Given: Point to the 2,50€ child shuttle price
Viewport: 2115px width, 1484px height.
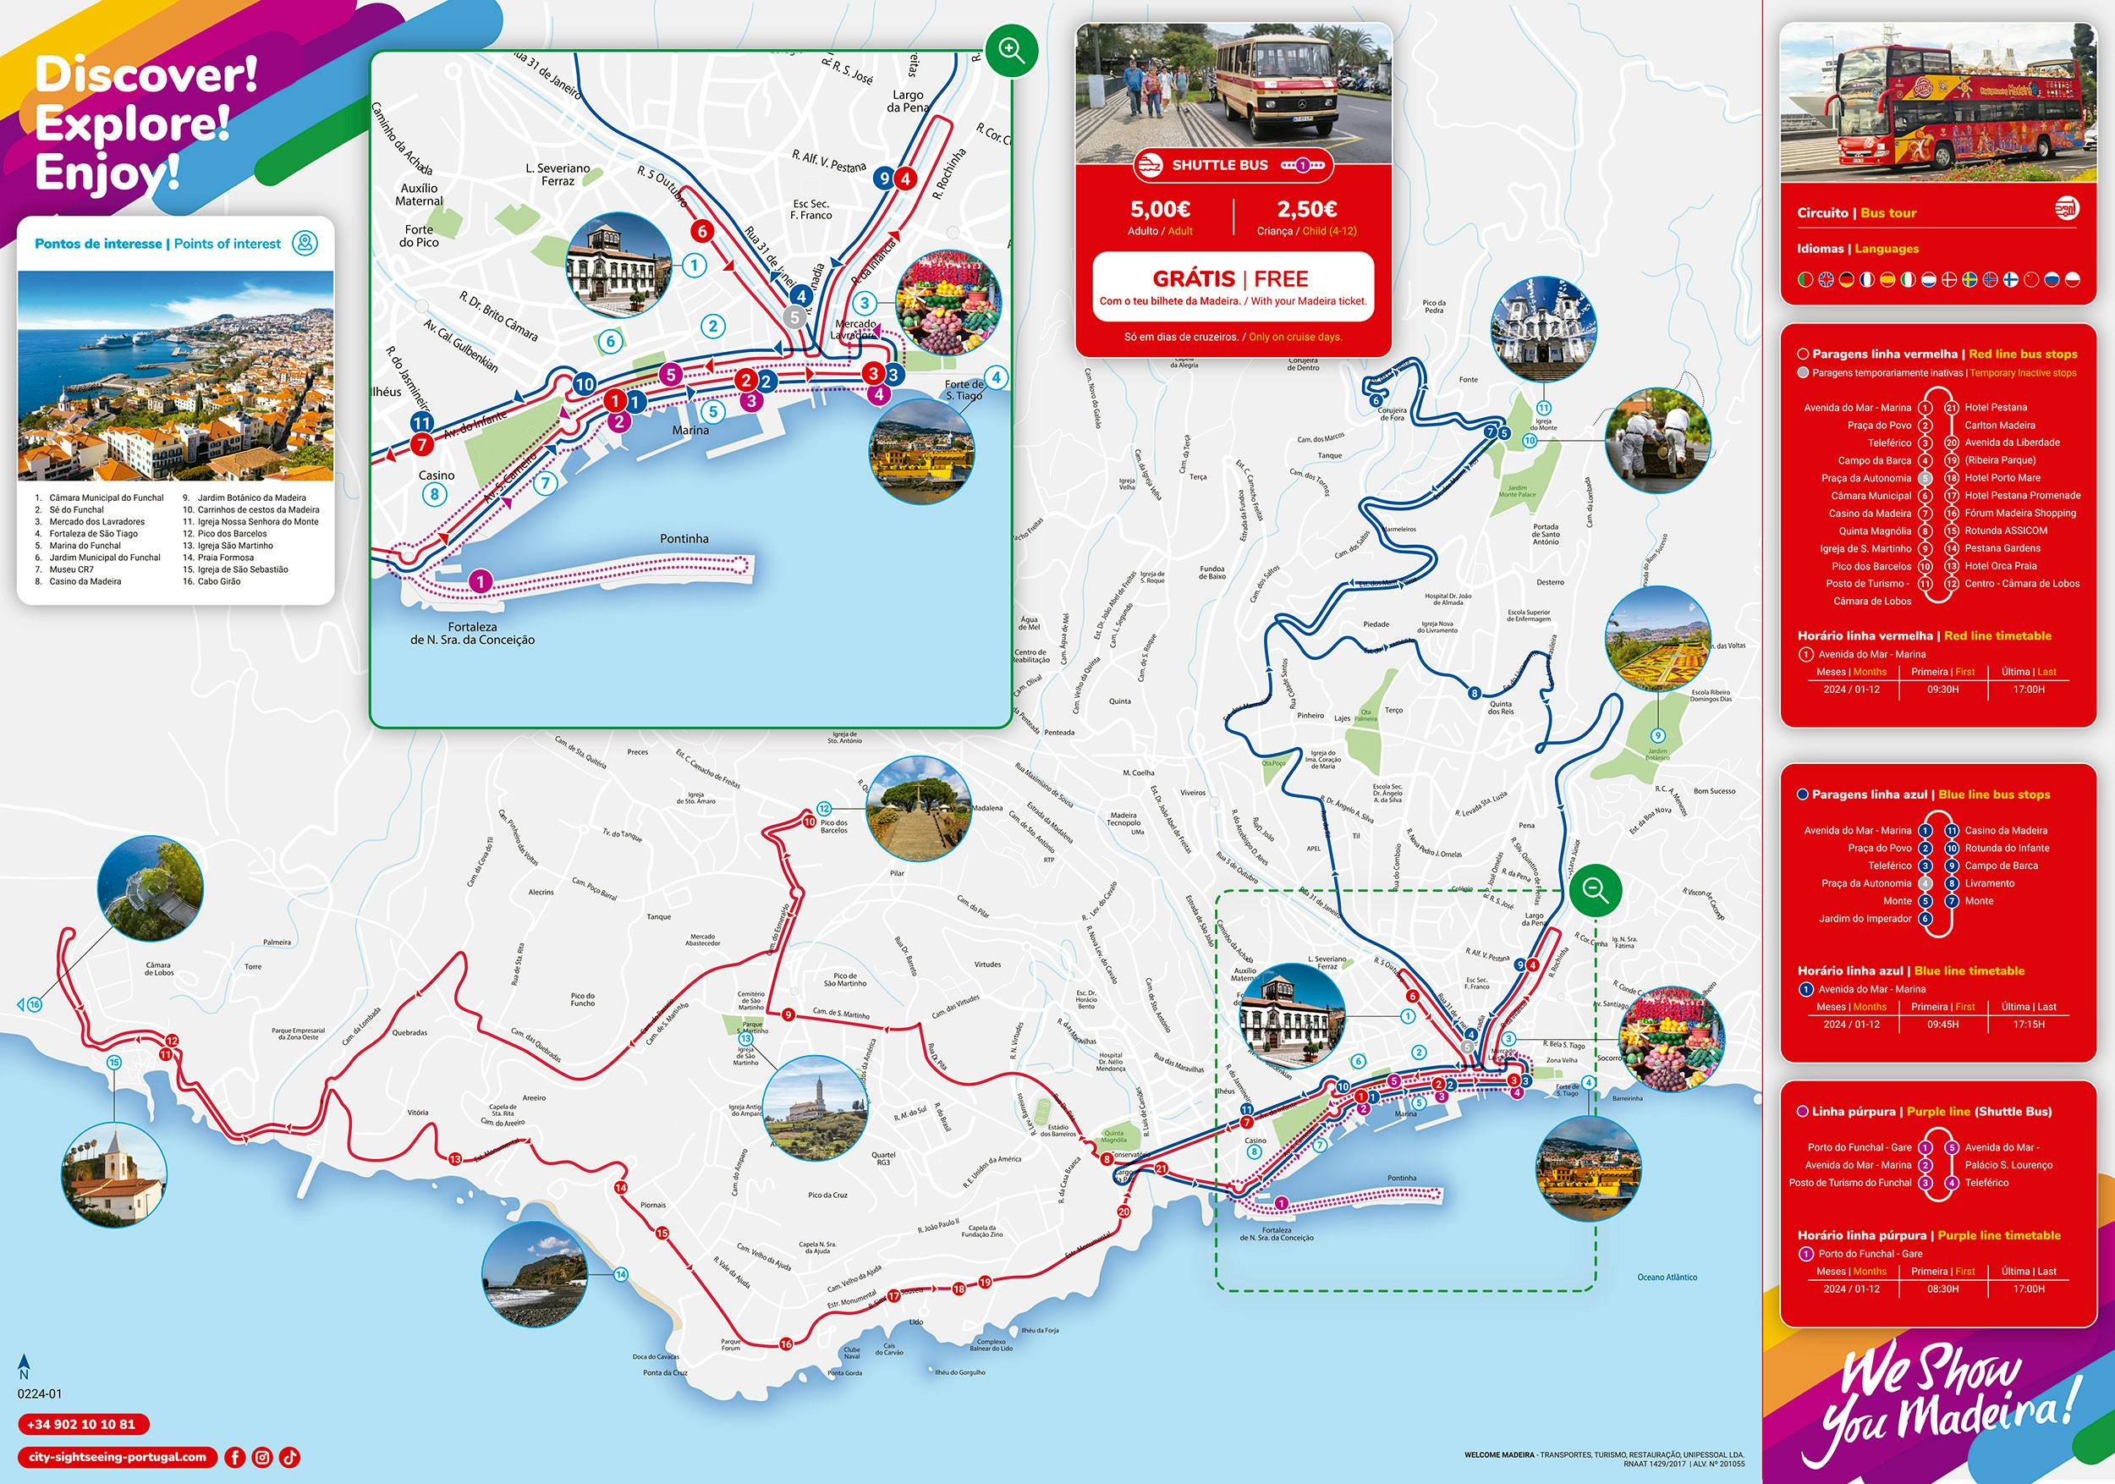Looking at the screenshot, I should point(1306,209).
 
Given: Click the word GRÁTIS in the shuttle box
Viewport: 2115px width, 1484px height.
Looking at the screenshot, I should point(1192,278).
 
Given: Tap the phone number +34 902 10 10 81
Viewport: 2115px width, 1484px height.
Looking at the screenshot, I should point(82,1423).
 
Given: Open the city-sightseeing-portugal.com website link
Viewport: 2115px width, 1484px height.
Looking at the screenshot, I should point(118,1457).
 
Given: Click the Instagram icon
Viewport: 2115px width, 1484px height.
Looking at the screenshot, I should point(262,1457).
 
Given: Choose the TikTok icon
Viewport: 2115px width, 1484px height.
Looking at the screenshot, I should point(289,1457).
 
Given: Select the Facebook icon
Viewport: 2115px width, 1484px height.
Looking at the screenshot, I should point(235,1457).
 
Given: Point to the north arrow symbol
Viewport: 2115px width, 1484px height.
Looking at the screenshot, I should point(24,1363).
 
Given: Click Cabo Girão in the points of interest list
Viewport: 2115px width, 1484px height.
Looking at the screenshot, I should point(217,581).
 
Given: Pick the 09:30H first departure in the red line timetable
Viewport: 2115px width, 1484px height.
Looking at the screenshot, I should point(1942,689).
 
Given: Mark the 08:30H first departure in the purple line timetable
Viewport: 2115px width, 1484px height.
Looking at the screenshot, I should point(1942,1289).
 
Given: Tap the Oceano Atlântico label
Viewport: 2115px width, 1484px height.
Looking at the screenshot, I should point(1667,1277).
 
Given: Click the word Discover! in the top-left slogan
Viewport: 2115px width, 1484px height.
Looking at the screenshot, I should point(146,75).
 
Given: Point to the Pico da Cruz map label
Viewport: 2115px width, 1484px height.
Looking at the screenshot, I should point(827,1195).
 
